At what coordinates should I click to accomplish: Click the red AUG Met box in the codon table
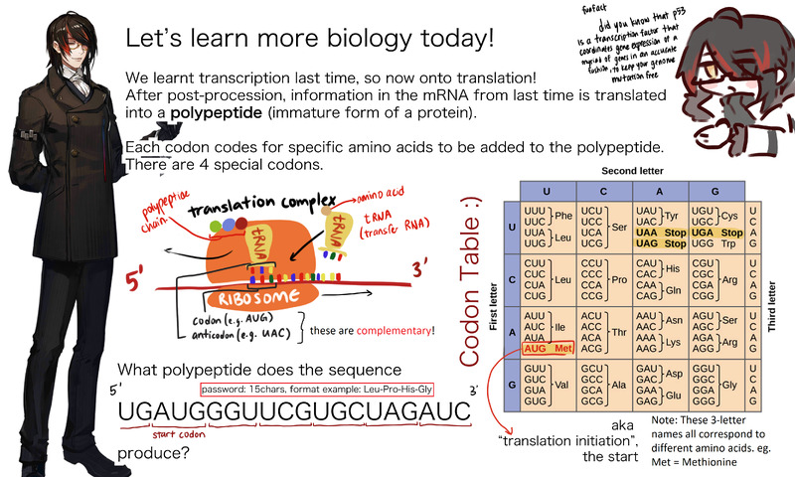pyautogui.click(x=549, y=349)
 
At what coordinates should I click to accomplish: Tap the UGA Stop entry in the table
pyautogui.click(x=660, y=231)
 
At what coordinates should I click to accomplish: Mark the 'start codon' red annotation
pyautogui.click(x=178, y=434)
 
